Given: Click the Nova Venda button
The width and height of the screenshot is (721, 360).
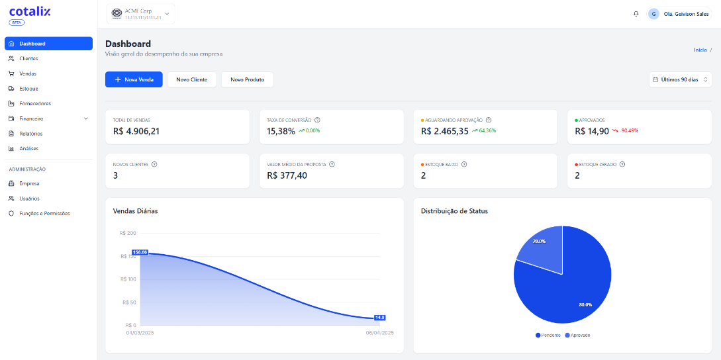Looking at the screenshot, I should pyautogui.click(x=134, y=79).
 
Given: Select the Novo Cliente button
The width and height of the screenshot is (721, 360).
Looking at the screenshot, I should pyautogui.click(x=191, y=79).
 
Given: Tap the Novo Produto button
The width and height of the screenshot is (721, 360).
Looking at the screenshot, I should pyautogui.click(x=247, y=79).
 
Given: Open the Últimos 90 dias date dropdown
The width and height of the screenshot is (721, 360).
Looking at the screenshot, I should pyautogui.click(x=680, y=79).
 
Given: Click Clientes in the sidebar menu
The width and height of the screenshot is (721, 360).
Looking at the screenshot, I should pyautogui.click(x=28, y=59).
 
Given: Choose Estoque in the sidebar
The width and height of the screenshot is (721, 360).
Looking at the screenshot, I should pyautogui.click(x=28, y=89).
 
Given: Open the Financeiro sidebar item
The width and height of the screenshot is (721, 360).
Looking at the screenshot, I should pyautogui.click(x=32, y=118).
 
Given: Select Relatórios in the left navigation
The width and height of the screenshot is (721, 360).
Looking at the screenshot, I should pyautogui.click(x=31, y=134).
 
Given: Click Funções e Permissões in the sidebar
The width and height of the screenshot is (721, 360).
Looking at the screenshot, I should pyautogui.click(x=44, y=213).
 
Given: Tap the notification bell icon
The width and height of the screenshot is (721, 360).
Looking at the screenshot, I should pyautogui.click(x=636, y=14).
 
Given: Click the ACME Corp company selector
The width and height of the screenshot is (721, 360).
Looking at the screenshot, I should pyautogui.click(x=140, y=14).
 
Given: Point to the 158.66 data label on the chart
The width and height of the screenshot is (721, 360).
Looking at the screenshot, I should pyautogui.click(x=140, y=252).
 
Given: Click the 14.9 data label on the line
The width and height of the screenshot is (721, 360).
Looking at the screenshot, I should pyautogui.click(x=379, y=318).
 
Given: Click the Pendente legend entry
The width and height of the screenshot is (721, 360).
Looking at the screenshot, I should pyautogui.click(x=548, y=336).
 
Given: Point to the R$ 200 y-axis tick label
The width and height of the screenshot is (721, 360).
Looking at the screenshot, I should pyautogui.click(x=128, y=233).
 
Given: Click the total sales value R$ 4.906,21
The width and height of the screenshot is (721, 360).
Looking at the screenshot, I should pyautogui.click(x=136, y=131).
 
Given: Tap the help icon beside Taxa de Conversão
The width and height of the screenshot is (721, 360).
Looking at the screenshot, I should pyautogui.click(x=317, y=120).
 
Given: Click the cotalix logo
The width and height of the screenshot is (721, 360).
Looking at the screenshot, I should pyautogui.click(x=30, y=12).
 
